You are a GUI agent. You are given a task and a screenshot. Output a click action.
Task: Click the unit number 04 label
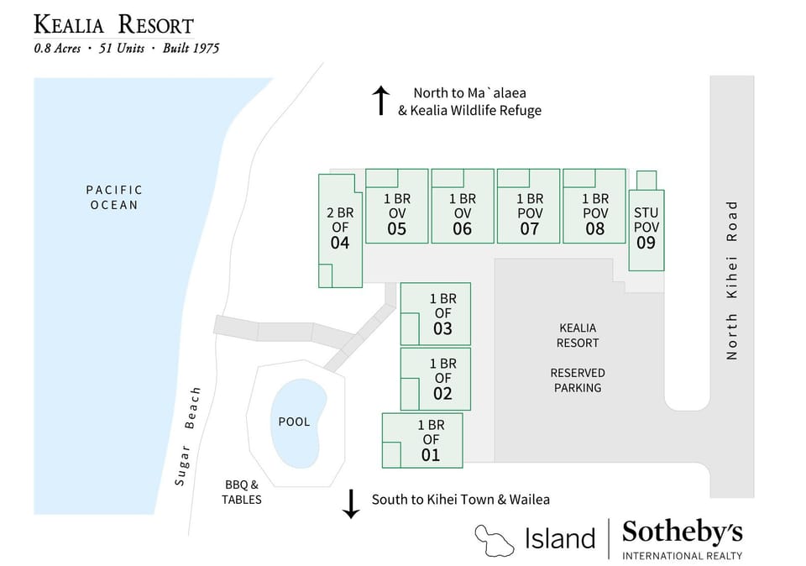point(340,244)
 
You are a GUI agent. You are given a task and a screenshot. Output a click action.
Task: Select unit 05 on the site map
point(397,229)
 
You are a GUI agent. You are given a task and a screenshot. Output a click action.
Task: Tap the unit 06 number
point(463,229)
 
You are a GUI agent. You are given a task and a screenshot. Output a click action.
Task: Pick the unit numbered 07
point(529,229)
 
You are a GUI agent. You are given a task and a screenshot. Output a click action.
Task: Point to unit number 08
point(594,229)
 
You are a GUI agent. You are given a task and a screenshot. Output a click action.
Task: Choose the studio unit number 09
point(646,244)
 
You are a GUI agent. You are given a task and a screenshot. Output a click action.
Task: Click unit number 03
point(442,329)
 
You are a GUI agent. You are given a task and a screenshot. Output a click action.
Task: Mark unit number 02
point(442,394)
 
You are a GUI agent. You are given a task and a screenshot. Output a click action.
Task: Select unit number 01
point(431,456)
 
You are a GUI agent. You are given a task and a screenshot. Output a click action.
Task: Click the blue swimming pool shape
point(295,422)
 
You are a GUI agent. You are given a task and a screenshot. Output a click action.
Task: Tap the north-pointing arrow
point(380,100)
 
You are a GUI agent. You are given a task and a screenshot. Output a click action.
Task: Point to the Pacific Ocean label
point(114,197)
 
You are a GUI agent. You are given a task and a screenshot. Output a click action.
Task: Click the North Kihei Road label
point(732,280)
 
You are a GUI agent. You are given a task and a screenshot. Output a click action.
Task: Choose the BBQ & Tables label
point(242,492)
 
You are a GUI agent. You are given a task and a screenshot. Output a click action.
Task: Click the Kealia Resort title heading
point(113,25)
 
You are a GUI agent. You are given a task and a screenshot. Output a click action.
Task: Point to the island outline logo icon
point(495,537)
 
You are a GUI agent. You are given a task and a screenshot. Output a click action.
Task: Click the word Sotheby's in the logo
point(682,532)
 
